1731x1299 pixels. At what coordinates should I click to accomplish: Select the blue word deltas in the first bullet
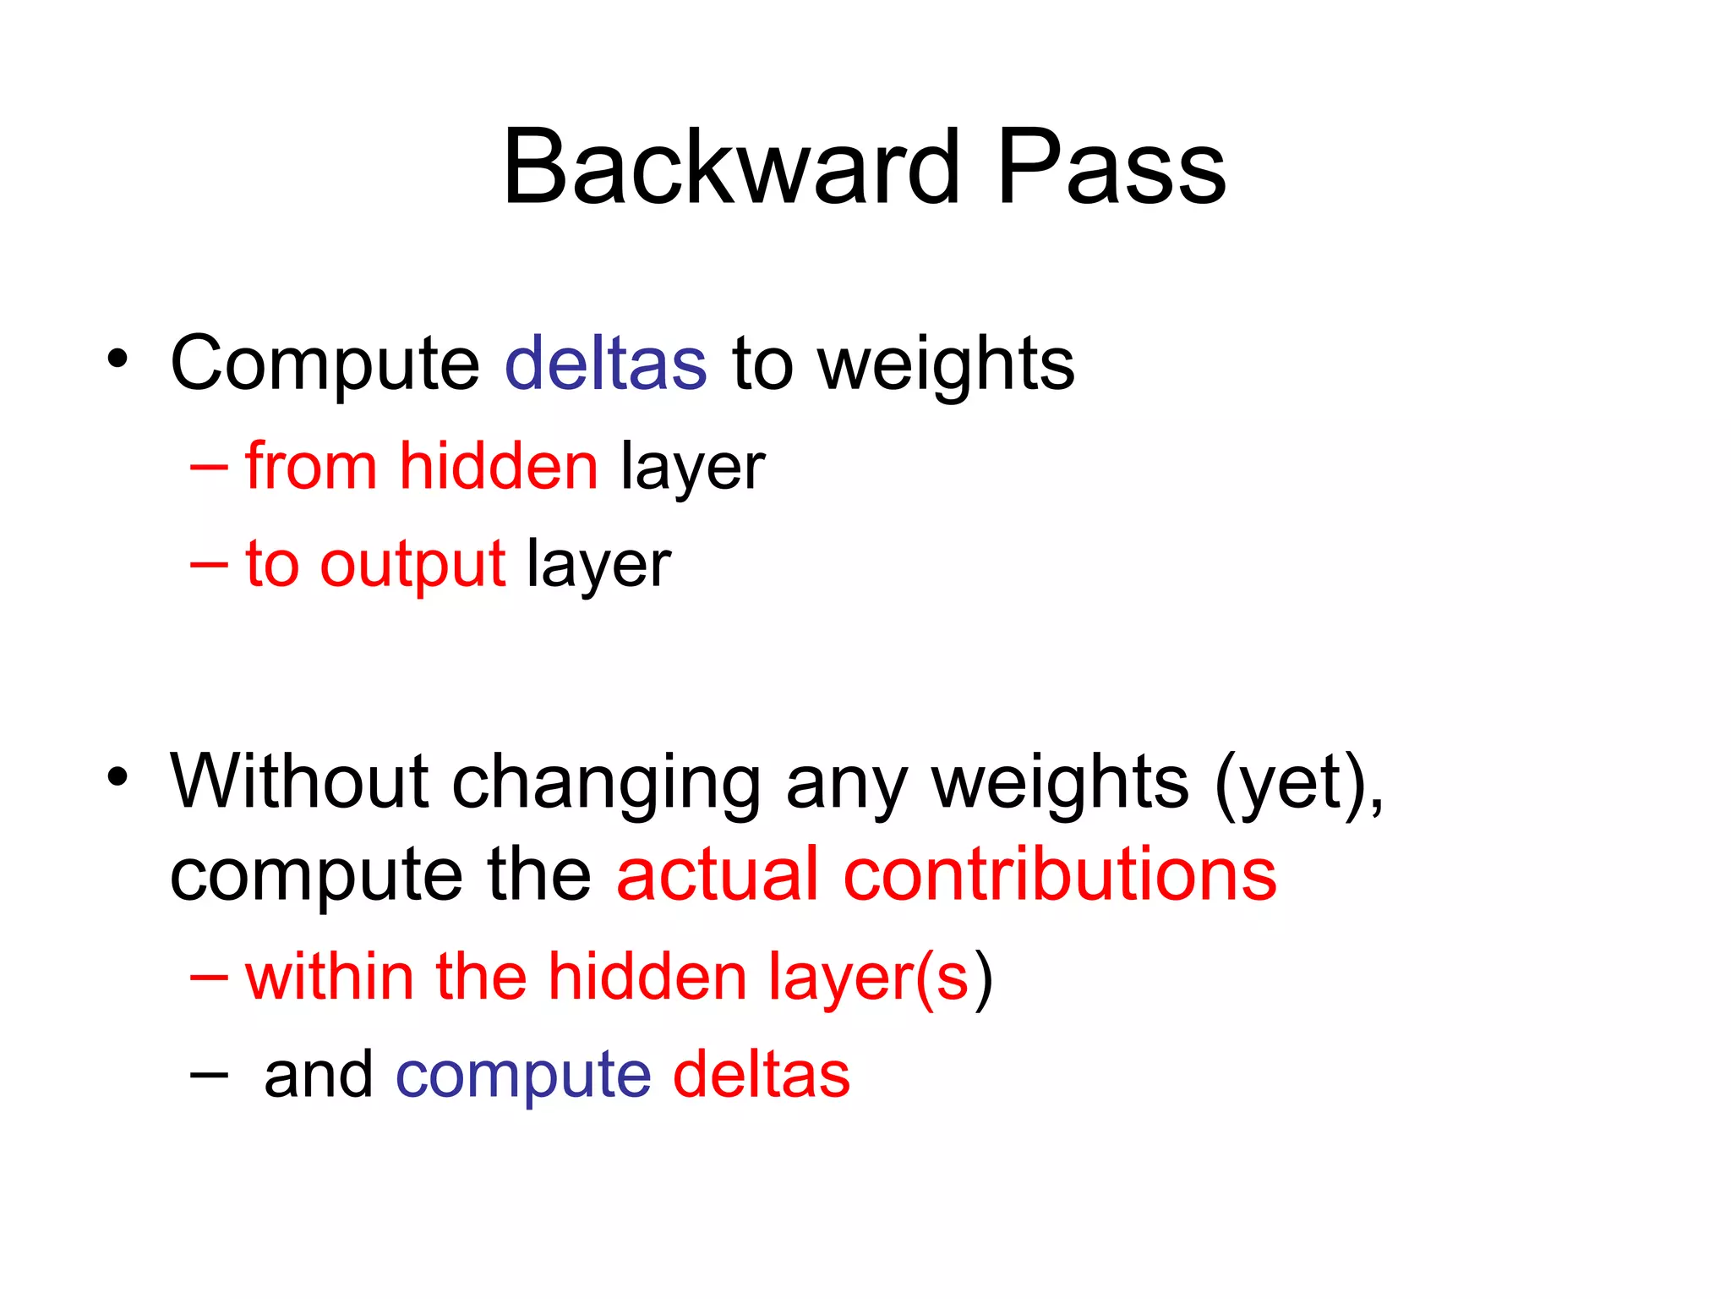[x=605, y=363]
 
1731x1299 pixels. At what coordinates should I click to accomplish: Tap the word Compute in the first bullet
[x=325, y=364]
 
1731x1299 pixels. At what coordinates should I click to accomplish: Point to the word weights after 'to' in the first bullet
[x=946, y=364]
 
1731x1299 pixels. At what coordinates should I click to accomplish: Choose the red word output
[x=413, y=564]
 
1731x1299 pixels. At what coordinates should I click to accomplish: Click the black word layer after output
[x=598, y=564]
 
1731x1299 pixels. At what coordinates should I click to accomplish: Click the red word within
[x=329, y=976]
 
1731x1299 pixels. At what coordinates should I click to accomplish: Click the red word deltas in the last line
[x=762, y=1074]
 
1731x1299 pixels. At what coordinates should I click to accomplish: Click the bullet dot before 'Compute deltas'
[x=117, y=358]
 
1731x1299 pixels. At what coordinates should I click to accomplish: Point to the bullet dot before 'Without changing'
[x=117, y=776]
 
